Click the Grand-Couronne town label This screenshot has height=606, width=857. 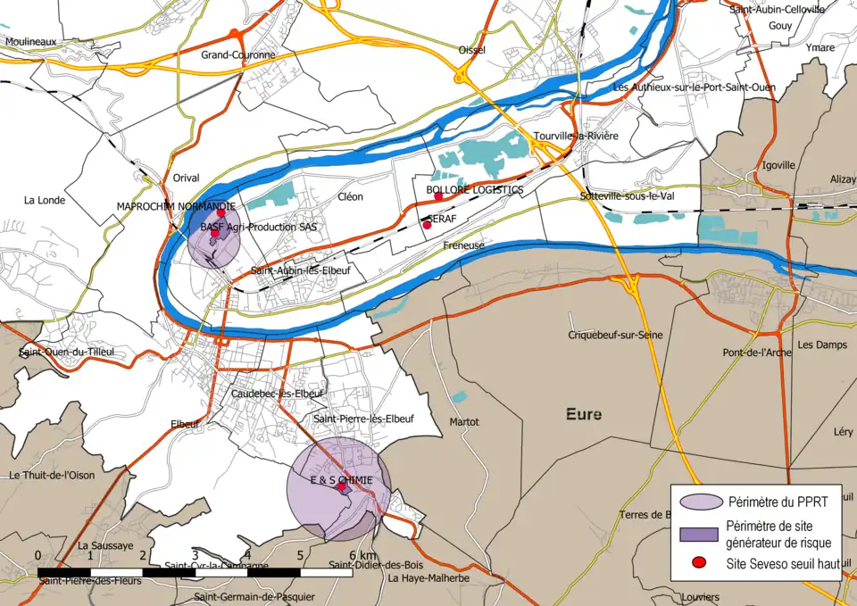tap(238, 55)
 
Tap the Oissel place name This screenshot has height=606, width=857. tap(470, 50)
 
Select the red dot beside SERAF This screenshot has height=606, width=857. tap(427, 225)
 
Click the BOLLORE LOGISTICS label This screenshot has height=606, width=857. tap(474, 190)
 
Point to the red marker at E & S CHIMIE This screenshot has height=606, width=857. tap(341, 488)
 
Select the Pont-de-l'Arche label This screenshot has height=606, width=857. tap(757, 353)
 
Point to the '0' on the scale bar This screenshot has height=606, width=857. tap(37, 555)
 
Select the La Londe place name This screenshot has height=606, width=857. tap(45, 200)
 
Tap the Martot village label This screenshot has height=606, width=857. tap(465, 421)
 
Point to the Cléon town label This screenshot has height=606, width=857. tap(351, 197)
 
